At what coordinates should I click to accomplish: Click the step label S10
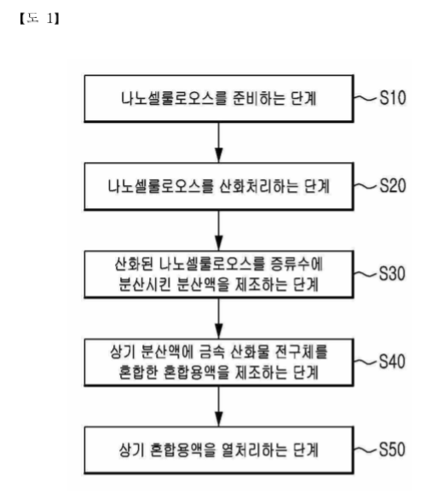pyautogui.click(x=393, y=97)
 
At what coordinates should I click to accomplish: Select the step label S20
pyautogui.click(x=393, y=185)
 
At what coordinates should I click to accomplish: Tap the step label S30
pyautogui.click(x=392, y=274)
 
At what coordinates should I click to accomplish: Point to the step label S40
pyautogui.click(x=392, y=362)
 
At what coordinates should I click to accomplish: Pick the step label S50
pyautogui.click(x=392, y=449)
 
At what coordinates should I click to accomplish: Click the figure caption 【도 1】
pyautogui.click(x=39, y=19)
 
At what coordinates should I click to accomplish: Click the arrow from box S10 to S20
pyautogui.click(x=219, y=142)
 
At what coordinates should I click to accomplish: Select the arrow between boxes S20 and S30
pyautogui.click(x=219, y=230)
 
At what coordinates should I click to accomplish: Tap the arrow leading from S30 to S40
pyautogui.click(x=219, y=318)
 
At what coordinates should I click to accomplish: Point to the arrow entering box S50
pyautogui.click(x=219, y=406)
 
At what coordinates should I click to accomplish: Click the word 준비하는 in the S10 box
pyautogui.click(x=259, y=98)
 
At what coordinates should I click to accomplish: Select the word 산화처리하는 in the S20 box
pyautogui.click(x=258, y=186)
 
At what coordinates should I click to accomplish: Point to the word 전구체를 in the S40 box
pyautogui.click(x=302, y=352)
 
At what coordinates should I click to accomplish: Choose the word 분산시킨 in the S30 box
pyautogui.click(x=145, y=285)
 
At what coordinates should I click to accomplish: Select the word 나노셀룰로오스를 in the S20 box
pyautogui.click(x=160, y=186)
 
